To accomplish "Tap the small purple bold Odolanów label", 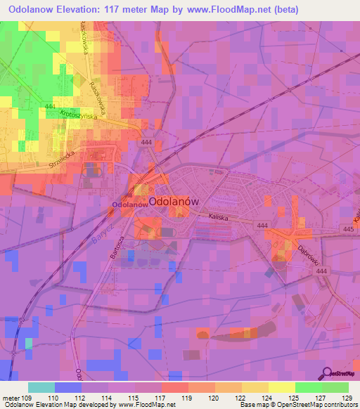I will pyautogui.click(x=128, y=204).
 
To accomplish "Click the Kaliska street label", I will pyautogui.click(x=220, y=218).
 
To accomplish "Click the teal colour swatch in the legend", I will pyautogui.click(x=41, y=387).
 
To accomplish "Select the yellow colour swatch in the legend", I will pyautogui.click(x=255, y=387).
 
